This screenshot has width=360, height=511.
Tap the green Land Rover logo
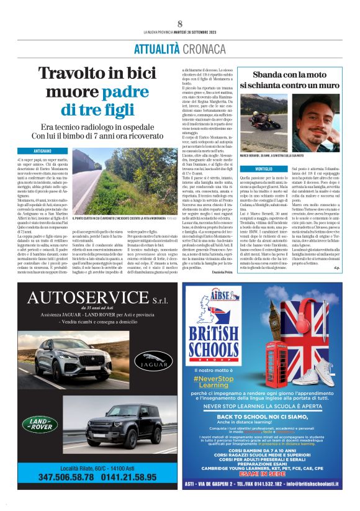coord(39,424)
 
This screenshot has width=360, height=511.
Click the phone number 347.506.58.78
coord(63,477)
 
